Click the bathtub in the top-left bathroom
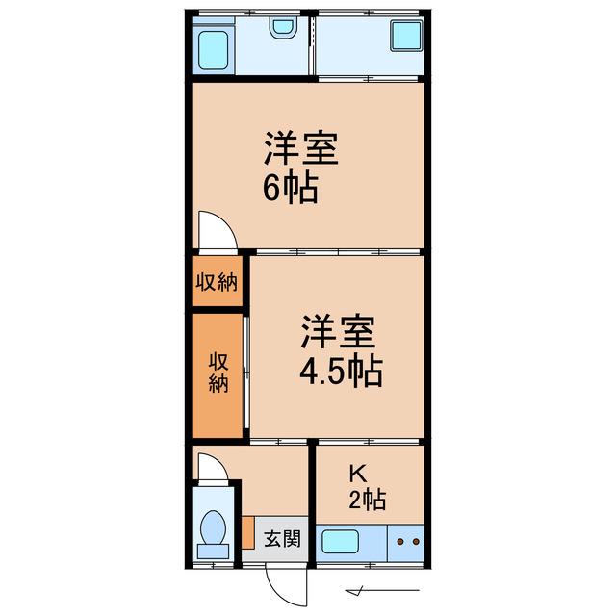click(214, 50)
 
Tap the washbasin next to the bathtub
click(283, 28)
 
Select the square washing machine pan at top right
click(406, 35)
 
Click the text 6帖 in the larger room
click(291, 189)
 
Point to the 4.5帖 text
click(341, 371)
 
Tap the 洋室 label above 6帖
click(301, 148)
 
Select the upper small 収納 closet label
click(217, 282)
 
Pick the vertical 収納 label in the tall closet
click(218, 372)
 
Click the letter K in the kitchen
click(358, 474)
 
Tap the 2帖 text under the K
click(368, 500)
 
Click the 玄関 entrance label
click(282, 539)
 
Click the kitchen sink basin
click(340, 541)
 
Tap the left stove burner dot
click(400, 542)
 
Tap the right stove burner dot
click(416, 542)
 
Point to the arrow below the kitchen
click(382, 590)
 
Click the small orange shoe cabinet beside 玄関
click(248, 532)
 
